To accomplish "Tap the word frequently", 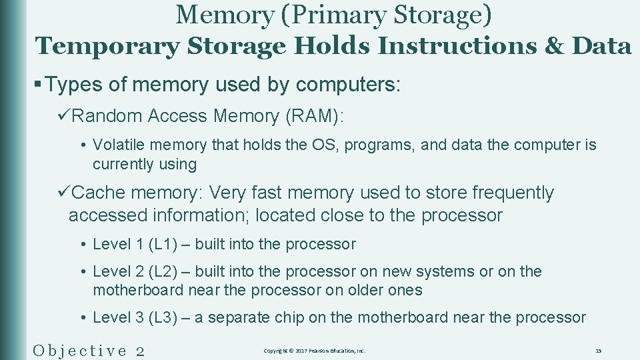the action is [x=513, y=193].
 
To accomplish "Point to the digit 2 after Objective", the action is [x=140, y=350].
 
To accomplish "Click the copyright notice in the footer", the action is [x=315, y=351].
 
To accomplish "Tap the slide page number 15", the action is [x=598, y=351].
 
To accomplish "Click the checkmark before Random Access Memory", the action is [x=64, y=116].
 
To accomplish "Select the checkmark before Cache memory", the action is [x=64, y=193].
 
